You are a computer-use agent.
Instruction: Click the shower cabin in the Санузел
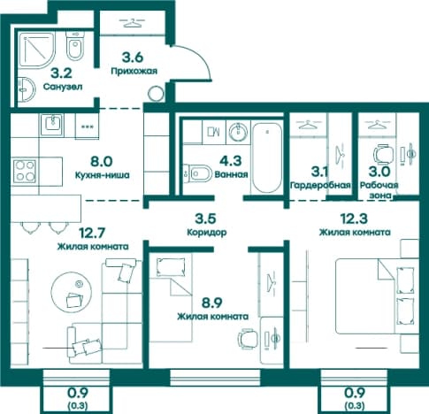click(x=37, y=50)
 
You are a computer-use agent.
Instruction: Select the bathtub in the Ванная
click(x=267, y=157)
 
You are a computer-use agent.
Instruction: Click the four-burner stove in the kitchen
click(x=25, y=171)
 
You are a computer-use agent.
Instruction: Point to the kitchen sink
click(x=51, y=125)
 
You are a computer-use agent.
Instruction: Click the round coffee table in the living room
click(x=71, y=292)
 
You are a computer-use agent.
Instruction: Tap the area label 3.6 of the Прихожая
click(x=133, y=57)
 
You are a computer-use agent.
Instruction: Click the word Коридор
click(x=207, y=232)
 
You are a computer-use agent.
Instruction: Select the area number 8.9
click(x=212, y=303)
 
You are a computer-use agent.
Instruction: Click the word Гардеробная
click(x=320, y=185)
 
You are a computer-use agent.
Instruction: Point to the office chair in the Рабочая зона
click(x=383, y=154)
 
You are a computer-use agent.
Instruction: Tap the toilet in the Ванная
click(x=197, y=173)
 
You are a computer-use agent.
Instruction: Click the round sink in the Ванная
click(x=239, y=132)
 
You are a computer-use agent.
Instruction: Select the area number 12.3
click(x=354, y=218)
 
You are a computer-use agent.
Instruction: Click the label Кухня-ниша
click(x=103, y=175)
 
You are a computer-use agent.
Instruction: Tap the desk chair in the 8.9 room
click(x=248, y=339)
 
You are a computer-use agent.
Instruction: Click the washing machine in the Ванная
click(x=214, y=132)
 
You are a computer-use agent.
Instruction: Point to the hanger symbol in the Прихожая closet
click(x=133, y=23)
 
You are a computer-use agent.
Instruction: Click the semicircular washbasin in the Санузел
click(x=27, y=90)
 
